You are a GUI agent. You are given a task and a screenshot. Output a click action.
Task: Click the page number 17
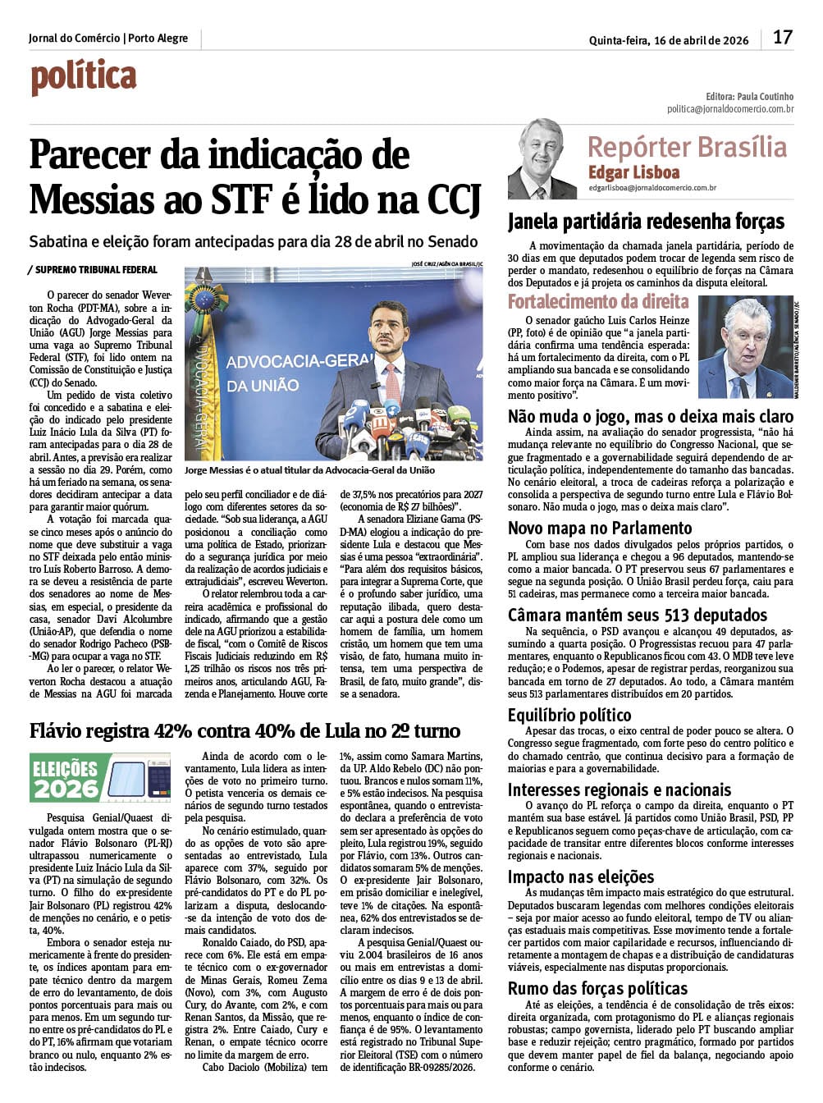click(x=782, y=38)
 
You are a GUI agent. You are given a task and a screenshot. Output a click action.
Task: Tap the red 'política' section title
click(x=83, y=77)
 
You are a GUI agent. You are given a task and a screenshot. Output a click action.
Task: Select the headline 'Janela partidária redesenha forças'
click(x=646, y=222)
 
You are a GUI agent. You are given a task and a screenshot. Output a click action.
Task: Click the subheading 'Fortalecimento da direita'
click(x=598, y=301)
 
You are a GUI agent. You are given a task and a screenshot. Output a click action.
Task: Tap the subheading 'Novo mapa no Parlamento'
click(x=600, y=528)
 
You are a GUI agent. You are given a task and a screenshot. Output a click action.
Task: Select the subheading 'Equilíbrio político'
click(x=569, y=715)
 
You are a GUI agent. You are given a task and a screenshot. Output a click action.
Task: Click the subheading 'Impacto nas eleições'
click(x=581, y=876)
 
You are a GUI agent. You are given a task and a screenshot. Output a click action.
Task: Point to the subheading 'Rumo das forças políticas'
click(x=597, y=988)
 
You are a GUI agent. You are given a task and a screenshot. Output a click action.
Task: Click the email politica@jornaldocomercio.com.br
click(x=729, y=108)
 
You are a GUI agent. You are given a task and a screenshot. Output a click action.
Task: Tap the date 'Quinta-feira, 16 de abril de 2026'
click(x=668, y=40)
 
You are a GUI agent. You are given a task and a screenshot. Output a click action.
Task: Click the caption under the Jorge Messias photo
click(x=309, y=470)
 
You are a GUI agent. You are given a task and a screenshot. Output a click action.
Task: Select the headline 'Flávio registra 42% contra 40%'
click(x=245, y=730)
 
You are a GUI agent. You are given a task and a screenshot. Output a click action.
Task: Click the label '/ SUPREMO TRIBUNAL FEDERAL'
click(x=92, y=269)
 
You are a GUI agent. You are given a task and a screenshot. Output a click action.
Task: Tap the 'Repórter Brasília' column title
click(x=687, y=147)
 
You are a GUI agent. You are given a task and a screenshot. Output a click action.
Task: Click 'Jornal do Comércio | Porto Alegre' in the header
click(x=107, y=39)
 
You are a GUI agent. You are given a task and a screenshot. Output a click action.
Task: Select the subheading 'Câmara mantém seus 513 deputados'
click(x=637, y=615)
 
